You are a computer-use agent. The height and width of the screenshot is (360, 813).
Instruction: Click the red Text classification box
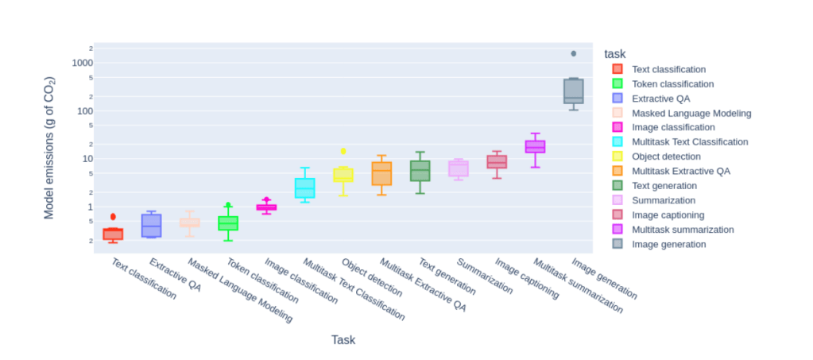113,234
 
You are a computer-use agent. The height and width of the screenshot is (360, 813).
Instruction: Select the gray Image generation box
573,91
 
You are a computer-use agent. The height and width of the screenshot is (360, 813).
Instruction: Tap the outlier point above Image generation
573,53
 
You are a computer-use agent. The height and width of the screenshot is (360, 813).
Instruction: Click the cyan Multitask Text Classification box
304,188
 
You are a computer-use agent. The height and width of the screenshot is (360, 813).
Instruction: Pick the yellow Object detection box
343,175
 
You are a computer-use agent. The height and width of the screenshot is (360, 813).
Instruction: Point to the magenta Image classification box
266,207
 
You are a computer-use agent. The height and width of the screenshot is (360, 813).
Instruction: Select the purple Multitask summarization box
535,146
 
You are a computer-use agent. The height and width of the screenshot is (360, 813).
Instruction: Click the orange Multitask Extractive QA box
381,173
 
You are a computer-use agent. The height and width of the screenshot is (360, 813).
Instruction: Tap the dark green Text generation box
420,171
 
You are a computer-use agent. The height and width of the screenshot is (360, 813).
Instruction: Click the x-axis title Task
343,340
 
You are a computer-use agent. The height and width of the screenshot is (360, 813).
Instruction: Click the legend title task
614,54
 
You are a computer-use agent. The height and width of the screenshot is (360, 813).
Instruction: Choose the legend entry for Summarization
663,200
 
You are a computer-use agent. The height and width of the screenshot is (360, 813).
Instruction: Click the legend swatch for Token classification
617,83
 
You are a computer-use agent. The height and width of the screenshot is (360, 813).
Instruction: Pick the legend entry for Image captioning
668,215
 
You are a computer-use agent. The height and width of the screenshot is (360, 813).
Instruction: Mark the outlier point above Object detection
343,150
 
